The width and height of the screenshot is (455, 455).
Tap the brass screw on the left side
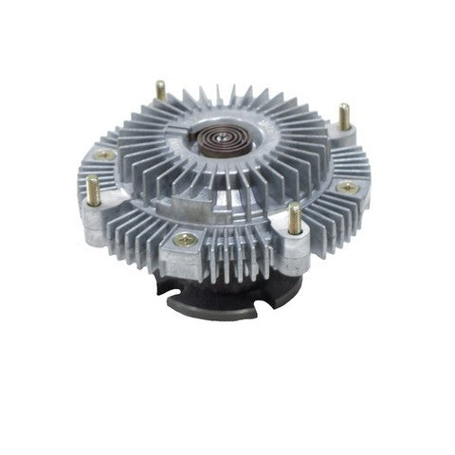[105, 154]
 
